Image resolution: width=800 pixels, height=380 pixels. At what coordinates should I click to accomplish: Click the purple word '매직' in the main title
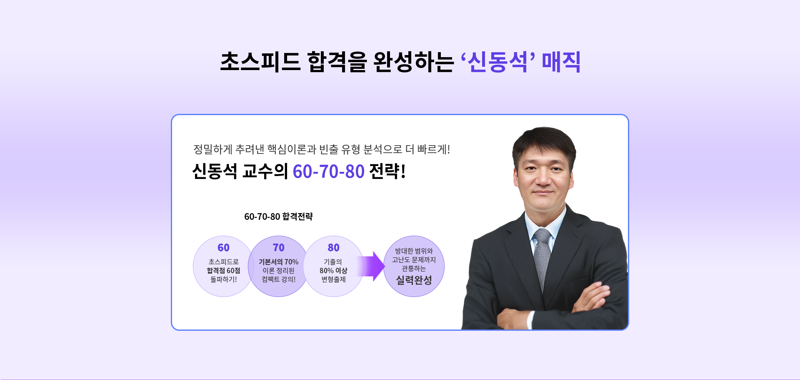[x=561, y=62]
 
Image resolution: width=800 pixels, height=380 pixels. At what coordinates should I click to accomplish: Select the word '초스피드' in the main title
[x=260, y=62]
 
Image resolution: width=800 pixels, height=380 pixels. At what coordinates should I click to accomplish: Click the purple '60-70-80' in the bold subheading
[x=328, y=171]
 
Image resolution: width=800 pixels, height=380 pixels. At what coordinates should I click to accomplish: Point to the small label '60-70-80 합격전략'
[x=278, y=216]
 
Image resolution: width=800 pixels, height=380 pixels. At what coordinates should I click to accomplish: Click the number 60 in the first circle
[x=223, y=248]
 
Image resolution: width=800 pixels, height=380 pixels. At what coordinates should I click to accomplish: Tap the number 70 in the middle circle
[x=278, y=248]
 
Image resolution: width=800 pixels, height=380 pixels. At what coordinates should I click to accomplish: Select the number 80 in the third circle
[x=333, y=248]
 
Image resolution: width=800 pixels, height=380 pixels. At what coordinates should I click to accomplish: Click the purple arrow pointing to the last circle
[x=373, y=266]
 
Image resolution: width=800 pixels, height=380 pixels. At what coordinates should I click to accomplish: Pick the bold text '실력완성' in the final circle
[x=414, y=280]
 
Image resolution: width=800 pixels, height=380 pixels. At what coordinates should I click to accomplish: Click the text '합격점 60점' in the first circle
[x=223, y=271]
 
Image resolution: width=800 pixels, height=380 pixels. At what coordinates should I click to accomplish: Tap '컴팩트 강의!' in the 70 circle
[x=278, y=279]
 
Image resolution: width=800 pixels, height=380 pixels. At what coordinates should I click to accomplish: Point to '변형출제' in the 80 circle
[x=333, y=279]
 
